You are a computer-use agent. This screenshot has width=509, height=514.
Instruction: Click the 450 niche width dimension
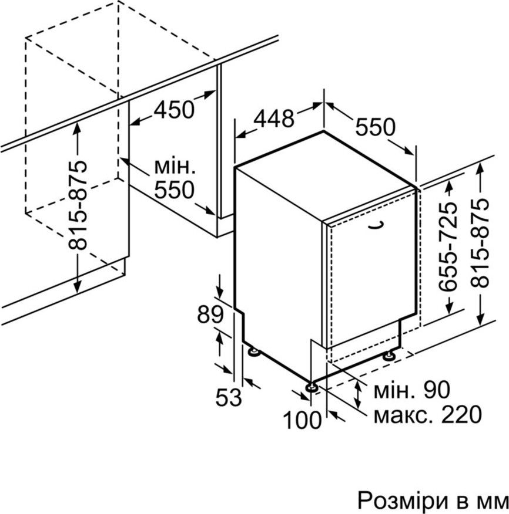point(175,110)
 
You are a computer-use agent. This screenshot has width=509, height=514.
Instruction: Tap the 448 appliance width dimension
point(274,119)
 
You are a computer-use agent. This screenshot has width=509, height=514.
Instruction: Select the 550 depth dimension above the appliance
point(376,127)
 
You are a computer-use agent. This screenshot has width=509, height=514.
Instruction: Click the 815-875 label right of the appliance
point(479,242)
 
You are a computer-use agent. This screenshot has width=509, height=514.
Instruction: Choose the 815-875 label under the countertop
point(78,205)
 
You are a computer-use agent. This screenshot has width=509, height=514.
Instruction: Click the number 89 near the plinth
point(210,315)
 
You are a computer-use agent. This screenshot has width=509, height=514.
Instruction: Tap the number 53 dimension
point(229,397)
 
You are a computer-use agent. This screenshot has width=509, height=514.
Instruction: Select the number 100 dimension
point(303,420)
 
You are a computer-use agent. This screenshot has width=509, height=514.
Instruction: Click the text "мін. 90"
point(412,390)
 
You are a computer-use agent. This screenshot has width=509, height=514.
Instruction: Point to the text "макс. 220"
point(428,415)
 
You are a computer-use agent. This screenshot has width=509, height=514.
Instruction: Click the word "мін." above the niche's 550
point(175,167)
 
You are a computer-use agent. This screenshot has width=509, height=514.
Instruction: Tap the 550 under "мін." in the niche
point(175,190)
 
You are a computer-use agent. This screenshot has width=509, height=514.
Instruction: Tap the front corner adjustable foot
point(312,387)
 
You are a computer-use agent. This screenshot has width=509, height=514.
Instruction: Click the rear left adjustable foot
point(253,351)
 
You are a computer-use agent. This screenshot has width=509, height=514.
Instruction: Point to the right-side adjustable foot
point(390,355)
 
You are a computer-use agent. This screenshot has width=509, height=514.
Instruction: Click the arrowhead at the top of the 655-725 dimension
point(448,186)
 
